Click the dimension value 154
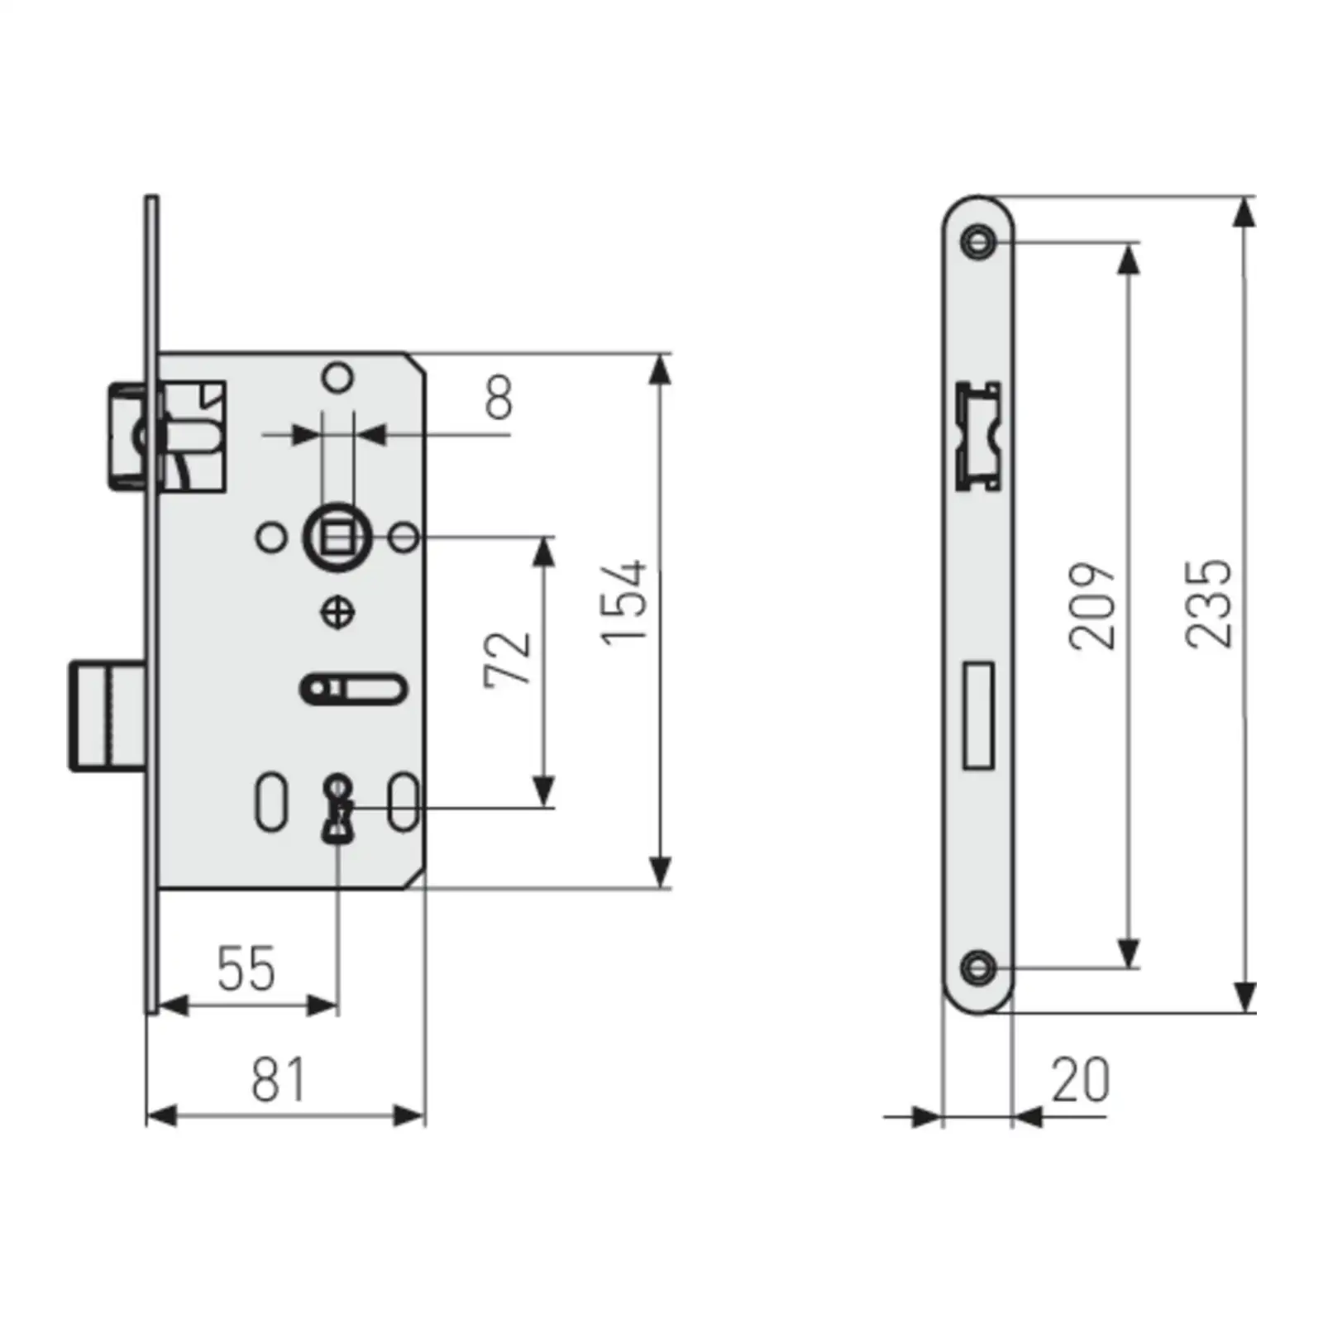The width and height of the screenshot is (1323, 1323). (x=623, y=602)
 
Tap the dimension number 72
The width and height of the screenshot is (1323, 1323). (x=507, y=659)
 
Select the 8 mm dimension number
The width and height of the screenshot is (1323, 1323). (x=499, y=397)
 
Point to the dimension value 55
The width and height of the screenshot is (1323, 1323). (x=246, y=968)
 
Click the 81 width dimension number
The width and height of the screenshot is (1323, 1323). (x=278, y=1079)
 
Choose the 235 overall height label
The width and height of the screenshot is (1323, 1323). (x=1208, y=603)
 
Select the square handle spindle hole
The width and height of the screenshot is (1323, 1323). (x=337, y=538)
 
